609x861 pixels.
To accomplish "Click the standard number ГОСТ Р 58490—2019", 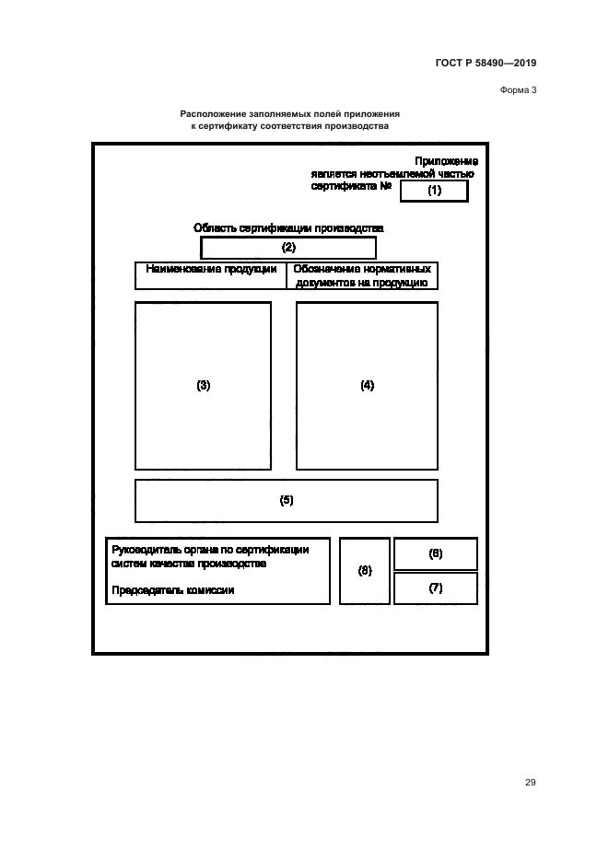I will pos(485,64).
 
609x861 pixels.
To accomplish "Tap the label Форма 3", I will pos(518,89).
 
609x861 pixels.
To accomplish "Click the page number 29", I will pos(530,783).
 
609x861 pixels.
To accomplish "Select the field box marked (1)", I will pos(434,191).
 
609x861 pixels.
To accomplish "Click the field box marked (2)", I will pos(288,248).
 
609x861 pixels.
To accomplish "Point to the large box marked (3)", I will pos(204,386).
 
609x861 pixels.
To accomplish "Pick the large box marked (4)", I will pos(367,386).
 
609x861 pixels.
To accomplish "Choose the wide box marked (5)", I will pos(287,500).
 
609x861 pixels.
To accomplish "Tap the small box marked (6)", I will pos(436,553).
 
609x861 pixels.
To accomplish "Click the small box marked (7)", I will pos(436,588).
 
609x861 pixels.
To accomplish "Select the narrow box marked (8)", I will pos(365,571).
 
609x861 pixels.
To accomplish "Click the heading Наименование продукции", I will pos(211,270).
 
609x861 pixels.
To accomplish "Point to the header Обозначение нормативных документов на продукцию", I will pos(362,276).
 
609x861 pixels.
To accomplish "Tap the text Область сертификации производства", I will pos(288,227).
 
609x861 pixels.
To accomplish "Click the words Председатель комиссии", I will pos(172,590).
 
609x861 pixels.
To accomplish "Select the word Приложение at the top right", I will pos(446,161).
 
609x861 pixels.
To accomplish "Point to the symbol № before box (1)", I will pos(388,185).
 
